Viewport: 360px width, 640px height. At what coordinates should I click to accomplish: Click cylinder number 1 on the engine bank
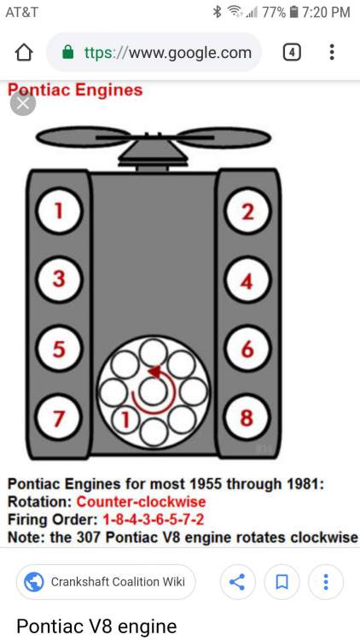(59, 211)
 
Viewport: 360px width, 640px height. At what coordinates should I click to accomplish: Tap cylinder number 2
(247, 212)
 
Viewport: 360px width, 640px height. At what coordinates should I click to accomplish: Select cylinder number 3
(59, 280)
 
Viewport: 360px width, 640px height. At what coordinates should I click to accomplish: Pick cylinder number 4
(247, 280)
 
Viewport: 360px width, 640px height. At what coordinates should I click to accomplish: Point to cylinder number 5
(59, 348)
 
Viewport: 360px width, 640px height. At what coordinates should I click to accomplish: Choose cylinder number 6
(247, 348)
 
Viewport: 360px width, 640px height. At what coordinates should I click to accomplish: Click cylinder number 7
(59, 417)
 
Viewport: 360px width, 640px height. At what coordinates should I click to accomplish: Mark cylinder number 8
(247, 417)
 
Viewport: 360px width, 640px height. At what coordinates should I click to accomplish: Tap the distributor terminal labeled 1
(125, 420)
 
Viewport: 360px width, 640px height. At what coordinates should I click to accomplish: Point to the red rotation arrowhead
(155, 372)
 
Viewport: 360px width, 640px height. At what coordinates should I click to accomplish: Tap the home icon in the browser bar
(24, 52)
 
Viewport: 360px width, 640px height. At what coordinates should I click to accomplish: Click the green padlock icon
(67, 52)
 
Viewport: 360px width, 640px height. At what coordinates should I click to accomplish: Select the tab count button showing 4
(292, 52)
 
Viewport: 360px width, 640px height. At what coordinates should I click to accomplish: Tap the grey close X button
(23, 103)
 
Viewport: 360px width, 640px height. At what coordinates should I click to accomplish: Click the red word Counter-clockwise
(142, 502)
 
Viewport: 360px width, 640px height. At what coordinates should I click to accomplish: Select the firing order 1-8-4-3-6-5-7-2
(153, 520)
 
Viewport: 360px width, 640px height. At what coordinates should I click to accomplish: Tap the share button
(237, 582)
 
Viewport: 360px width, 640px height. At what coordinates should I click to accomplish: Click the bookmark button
(282, 582)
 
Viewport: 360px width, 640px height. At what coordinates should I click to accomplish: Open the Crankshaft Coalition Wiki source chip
(106, 582)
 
